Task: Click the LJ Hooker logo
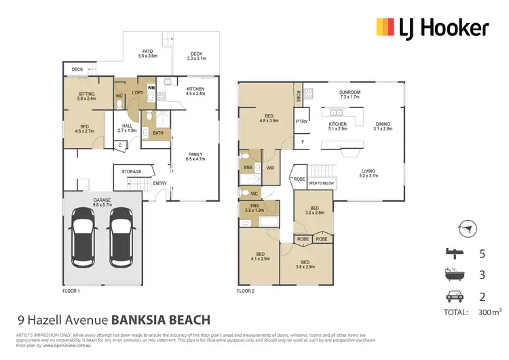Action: pos(432,28)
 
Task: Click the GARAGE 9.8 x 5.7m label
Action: pos(102,202)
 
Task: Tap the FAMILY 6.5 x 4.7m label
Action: pos(195,158)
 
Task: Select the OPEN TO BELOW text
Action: pos(322,183)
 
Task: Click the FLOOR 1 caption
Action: pos(71,291)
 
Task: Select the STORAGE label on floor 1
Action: pos(132,172)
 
